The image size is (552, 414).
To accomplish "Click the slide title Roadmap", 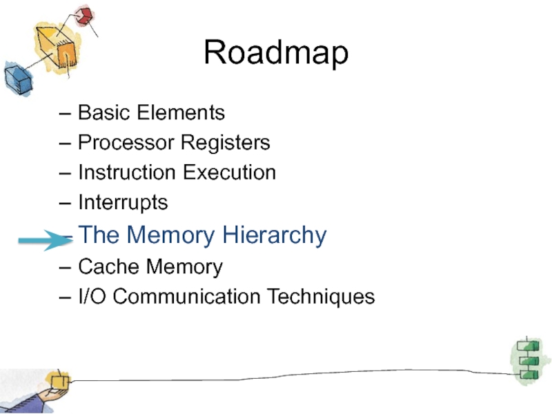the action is coord(276,52).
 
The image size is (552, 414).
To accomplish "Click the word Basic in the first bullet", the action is coord(104,112).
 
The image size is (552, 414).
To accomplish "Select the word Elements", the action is coord(181,112).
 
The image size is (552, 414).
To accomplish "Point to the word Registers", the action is coord(226,144).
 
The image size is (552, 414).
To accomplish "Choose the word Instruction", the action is coord(127,172).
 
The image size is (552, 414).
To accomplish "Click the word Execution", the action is coord(230,172).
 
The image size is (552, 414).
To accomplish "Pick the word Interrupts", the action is coord(123,203).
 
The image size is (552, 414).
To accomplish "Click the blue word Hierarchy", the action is coord(275,235).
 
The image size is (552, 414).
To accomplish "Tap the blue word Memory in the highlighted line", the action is coord(170,235).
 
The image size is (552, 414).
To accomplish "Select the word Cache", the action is coord(108,266).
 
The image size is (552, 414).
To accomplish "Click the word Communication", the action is coord(186,297).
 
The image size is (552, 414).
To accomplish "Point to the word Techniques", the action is coord(321,297).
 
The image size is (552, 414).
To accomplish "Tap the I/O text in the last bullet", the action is coord(92,297).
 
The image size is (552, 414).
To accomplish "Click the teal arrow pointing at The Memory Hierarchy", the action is coord(46,240).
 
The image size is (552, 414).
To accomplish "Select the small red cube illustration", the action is coord(84,16).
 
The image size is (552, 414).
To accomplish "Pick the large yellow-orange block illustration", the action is coord(57,47).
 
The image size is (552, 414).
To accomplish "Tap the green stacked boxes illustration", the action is coord(528,360).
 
